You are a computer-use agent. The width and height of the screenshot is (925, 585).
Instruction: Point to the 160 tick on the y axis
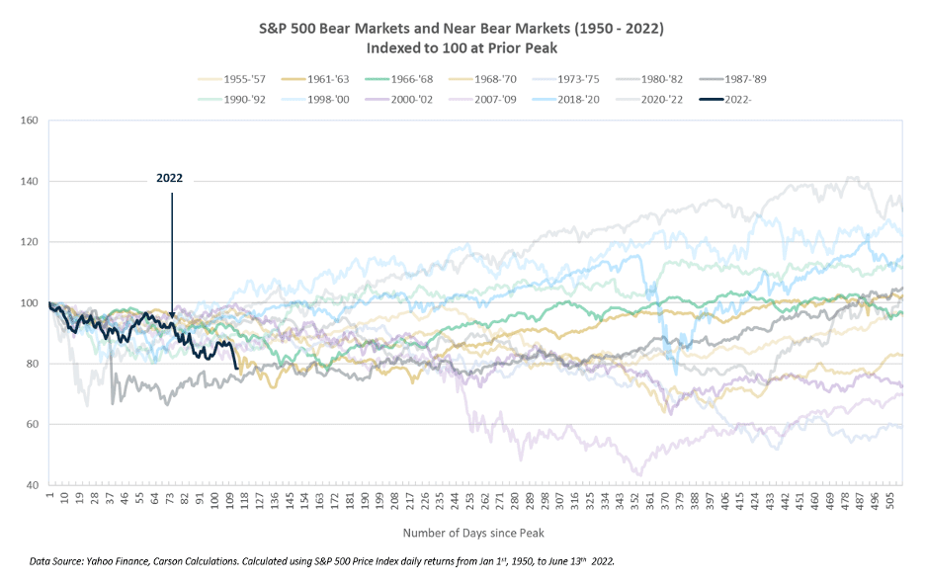(x=29, y=121)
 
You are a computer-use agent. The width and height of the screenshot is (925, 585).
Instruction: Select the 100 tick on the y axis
(x=29, y=303)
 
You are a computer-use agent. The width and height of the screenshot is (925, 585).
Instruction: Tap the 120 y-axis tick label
(x=29, y=242)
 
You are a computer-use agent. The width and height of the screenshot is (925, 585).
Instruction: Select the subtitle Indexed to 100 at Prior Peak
(x=462, y=47)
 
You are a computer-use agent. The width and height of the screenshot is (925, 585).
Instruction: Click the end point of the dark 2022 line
(x=236, y=369)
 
